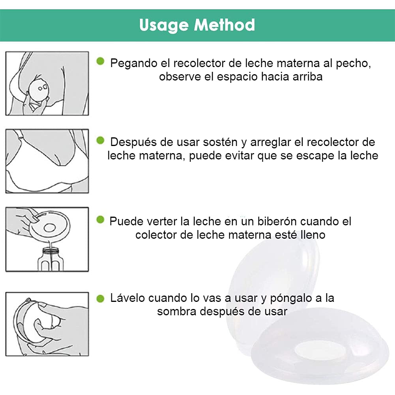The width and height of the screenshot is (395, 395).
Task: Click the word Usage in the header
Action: point(163,26)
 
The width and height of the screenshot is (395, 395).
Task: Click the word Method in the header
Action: point(224,25)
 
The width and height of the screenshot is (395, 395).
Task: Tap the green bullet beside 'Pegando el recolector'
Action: point(100,61)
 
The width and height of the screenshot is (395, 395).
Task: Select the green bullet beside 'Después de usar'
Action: point(100,140)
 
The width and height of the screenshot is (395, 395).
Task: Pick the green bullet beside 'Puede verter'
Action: point(100,220)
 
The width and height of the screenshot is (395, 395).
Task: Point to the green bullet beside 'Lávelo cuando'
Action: point(100,299)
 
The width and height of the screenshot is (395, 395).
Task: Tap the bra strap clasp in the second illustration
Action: point(19,138)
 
